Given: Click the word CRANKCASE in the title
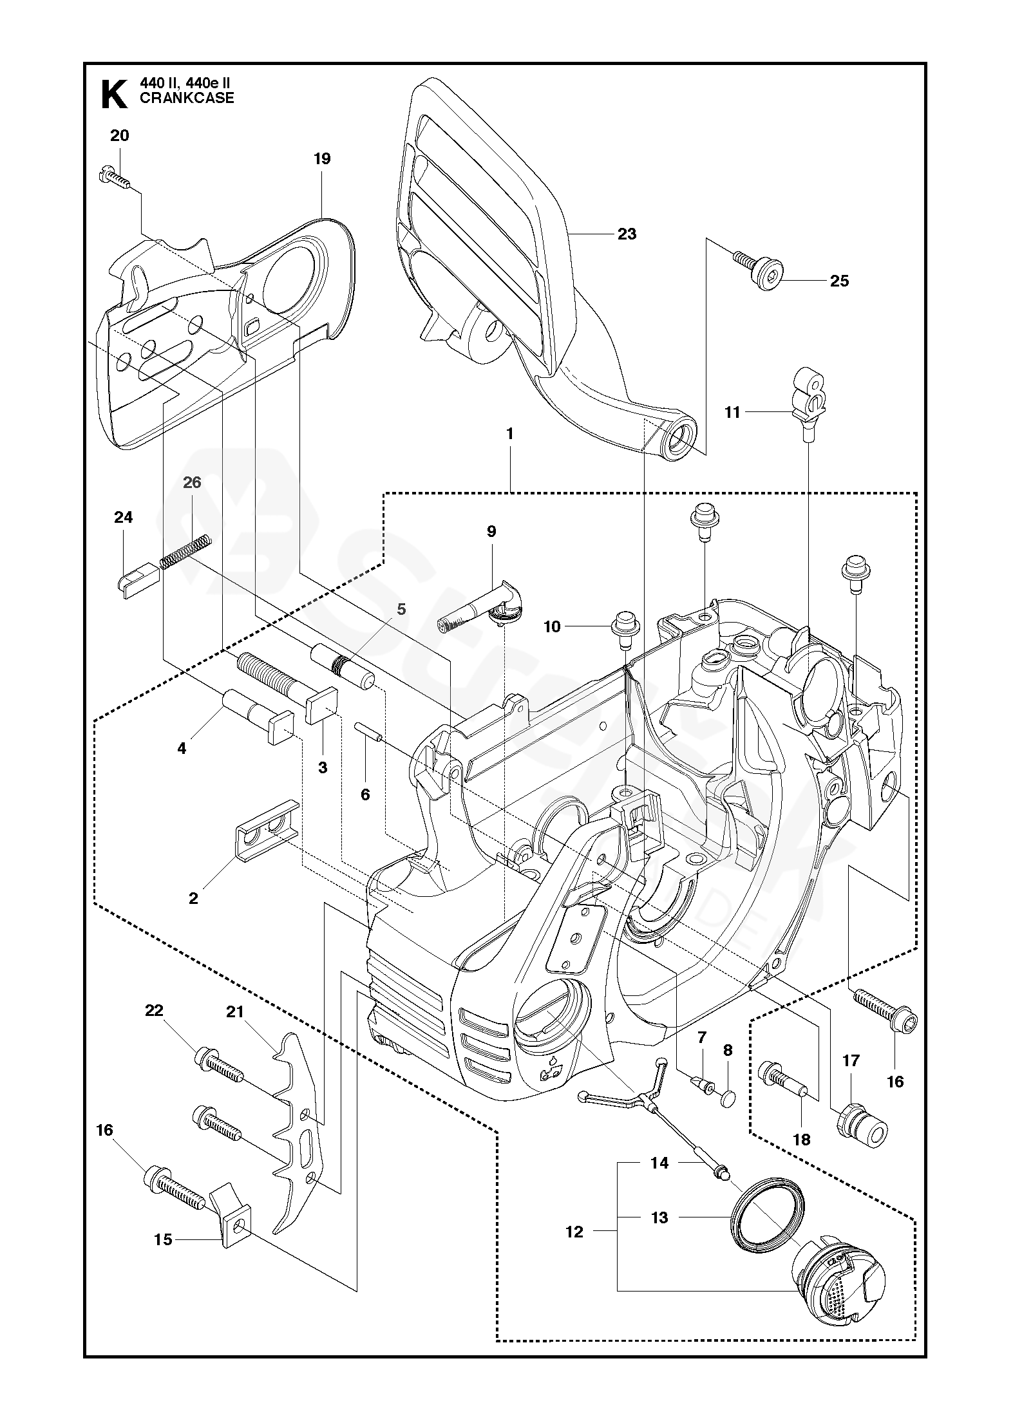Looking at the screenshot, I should click(187, 99).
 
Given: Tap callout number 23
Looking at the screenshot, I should click(627, 234).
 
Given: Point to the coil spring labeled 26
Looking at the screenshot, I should click(185, 552).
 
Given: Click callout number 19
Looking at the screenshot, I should click(322, 158).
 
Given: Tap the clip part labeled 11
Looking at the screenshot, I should click(809, 399).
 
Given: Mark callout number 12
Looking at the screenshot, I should click(574, 1232).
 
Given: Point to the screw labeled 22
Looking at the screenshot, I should click(218, 1068).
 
